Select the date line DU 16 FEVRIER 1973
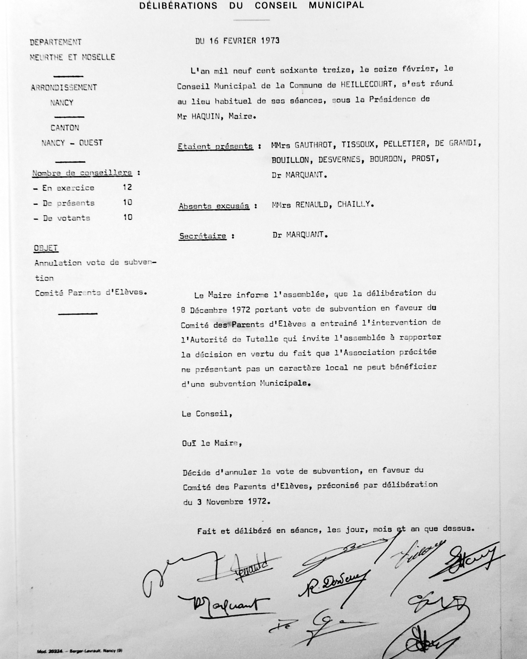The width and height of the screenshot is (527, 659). [237, 41]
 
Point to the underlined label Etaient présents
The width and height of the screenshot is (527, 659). [215, 146]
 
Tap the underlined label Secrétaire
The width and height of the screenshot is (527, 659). [203, 236]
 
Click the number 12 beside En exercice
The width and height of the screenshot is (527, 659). [127, 187]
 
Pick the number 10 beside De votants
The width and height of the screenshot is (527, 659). [128, 217]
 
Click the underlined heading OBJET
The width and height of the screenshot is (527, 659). [46, 248]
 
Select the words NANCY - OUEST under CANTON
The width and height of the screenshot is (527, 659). [72, 143]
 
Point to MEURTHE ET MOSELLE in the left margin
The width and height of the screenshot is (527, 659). [72, 57]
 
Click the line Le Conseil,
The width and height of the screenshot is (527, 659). [207, 414]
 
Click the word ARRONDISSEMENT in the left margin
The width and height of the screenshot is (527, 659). [64, 87]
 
